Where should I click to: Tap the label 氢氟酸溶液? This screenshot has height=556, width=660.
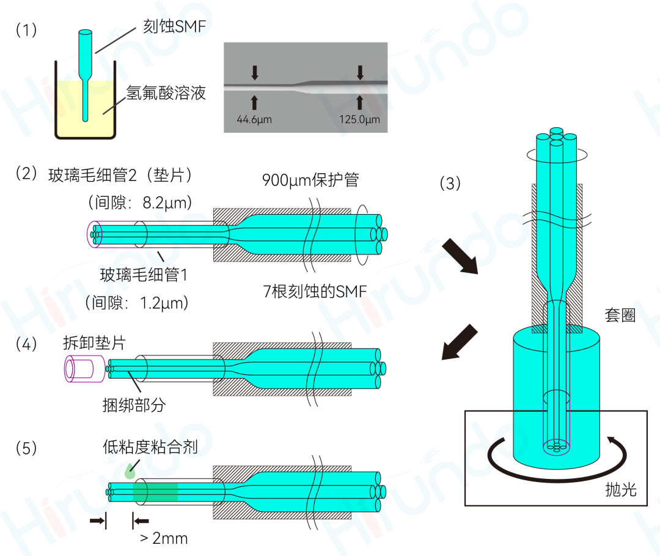166,93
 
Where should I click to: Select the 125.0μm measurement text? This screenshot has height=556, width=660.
359,119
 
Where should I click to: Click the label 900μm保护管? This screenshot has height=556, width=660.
310,180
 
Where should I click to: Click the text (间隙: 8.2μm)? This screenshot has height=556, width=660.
141,202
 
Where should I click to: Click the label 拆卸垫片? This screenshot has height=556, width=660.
94,343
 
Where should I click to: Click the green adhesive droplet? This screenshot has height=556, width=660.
130,472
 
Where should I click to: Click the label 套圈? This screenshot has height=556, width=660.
623,316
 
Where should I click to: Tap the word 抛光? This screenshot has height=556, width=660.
621,489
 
